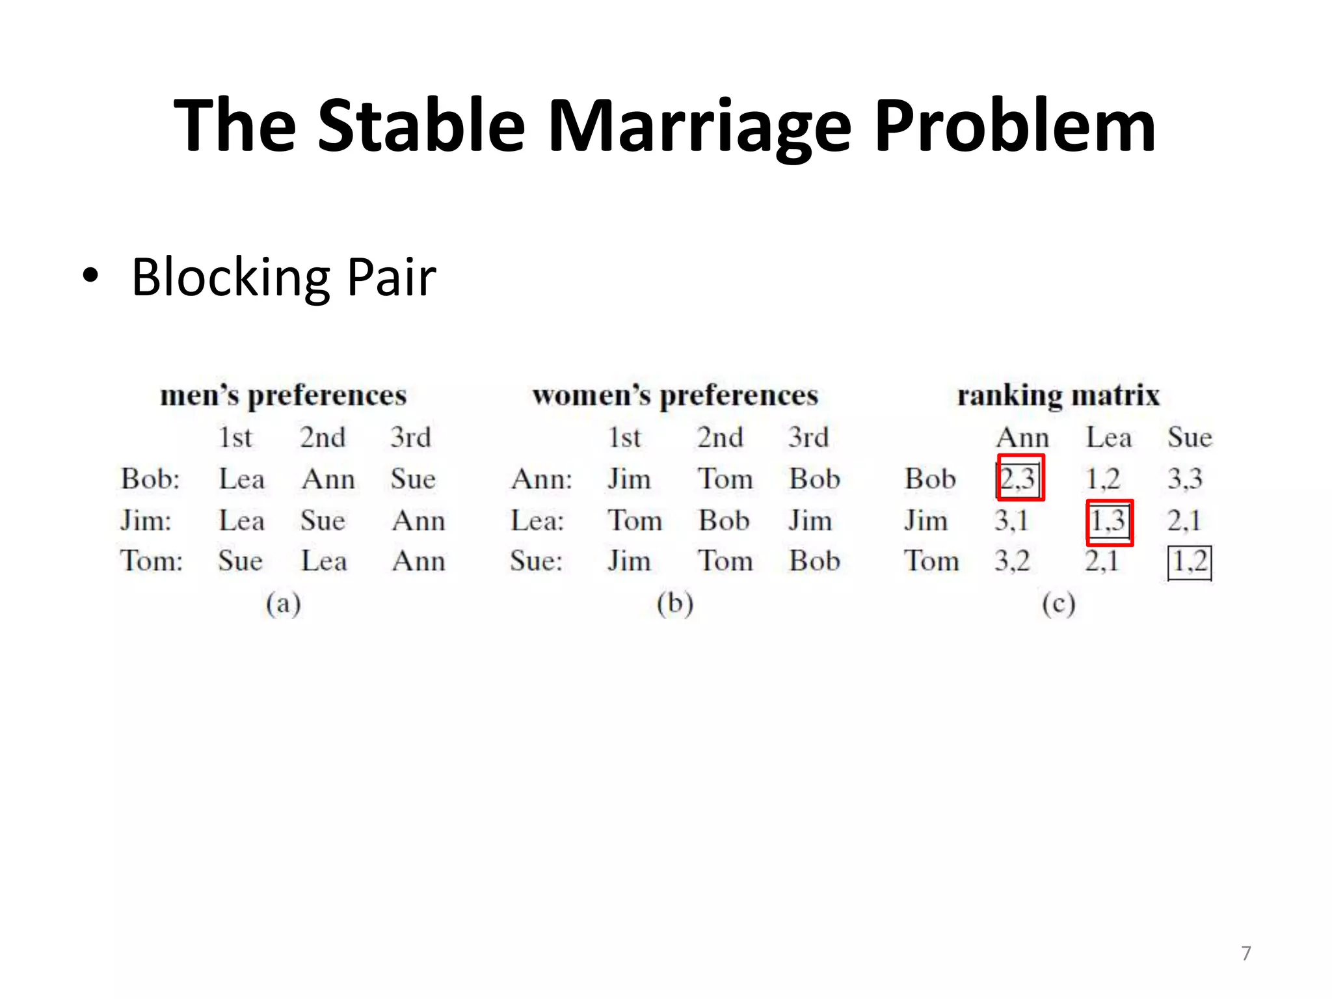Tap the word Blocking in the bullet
pyautogui.click(x=231, y=278)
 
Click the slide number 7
pyautogui.click(x=1245, y=953)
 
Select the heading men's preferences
pyautogui.click(x=284, y=395)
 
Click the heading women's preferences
pyautogui.click(x=675, y=395)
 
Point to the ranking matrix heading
pyautogui.click(x=1058, y=395)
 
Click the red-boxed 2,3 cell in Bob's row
pyautogui.click(x=1019, y=478)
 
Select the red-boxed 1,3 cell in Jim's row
pyautogui.click(x=1109, y=522)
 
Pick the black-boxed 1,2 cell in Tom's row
pyautogui.click(x=1190, y=562)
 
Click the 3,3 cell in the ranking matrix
pyautogui.click(x=1185, y=479)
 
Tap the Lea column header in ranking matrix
pyautogui.click(x=1109, y=437)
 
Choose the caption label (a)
pyautogui.click(x=283, y=604)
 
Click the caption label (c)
pyautogui.click(x=1058, y=604)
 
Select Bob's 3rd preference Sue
pyautogui.click(x=413, y=479)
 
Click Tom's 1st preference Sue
pyautogui.click(x=240, y=561)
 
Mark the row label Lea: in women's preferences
pyautogui.click(x=537, y=521)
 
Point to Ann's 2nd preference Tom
pyautogui.click(x=725, y=479)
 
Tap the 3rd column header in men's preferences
pyautogui.click(x=410, y=437)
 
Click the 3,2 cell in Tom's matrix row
pyautogui.click(x=1012, y=561)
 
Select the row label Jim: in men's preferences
pyautogui.click(x=146, y=521)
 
